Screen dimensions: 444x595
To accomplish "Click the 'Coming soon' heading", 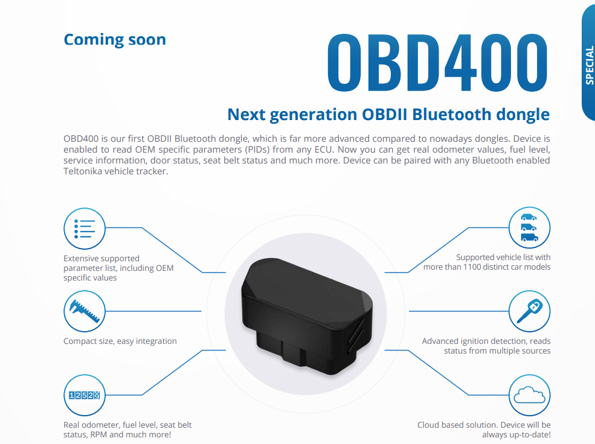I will click(115, 40).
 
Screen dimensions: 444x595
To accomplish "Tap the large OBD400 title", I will click(437, 62).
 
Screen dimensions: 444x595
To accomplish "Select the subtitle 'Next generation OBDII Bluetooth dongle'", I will click(388, 114).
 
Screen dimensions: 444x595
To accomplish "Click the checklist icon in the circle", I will click(85, 228).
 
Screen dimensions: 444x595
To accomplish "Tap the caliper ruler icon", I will click(85, 311).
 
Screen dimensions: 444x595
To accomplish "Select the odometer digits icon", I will click(85, 395).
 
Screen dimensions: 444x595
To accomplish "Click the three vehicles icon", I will click(530, 228).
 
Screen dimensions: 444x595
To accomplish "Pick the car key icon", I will click(530, 311).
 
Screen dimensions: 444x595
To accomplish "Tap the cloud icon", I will click(530, 395).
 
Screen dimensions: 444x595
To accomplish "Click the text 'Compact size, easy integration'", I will click(120, 341).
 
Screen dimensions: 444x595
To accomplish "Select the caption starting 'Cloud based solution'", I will click(484, 430).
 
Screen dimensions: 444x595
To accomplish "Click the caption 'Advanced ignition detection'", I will click(486, 346).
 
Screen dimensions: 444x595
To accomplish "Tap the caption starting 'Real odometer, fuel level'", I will click(127, 430).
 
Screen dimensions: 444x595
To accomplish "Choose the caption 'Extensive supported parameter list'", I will click(118, 268).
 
